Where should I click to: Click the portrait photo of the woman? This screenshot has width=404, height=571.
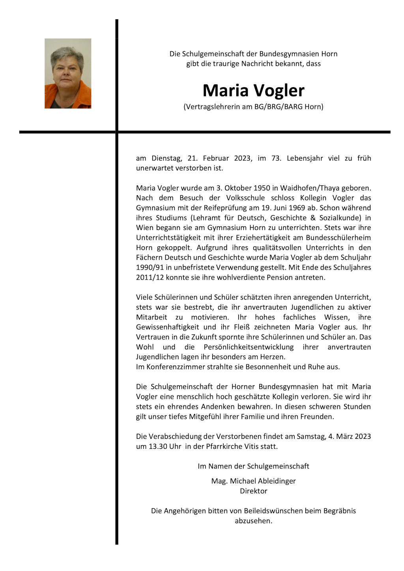[68, 73]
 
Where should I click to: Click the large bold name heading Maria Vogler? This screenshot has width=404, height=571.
[253, 91]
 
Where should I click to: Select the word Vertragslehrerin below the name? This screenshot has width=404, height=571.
[211, 106]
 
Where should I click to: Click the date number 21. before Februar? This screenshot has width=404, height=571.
[193, 158]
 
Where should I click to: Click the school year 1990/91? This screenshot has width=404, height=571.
[149, 267]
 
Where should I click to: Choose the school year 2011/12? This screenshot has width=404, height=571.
[149, 277]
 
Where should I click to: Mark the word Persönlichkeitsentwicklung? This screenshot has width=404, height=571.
[249, 347]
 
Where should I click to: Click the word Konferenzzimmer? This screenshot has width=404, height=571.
[175, 367]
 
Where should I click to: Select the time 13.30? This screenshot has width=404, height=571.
[159, 446]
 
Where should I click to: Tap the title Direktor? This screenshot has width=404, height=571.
[253, 491]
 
